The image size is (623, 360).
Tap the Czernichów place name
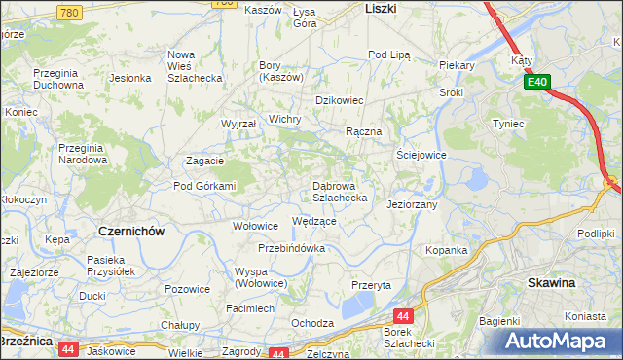[x=130, y=231]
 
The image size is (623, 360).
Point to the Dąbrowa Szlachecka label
[x=339, y=191]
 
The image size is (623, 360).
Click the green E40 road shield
[x=540, y=83]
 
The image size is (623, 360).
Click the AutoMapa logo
[x=563, y=342]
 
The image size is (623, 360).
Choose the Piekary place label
[x=456, y=65]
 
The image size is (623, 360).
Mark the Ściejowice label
[x=421, y=155]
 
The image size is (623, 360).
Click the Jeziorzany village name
[x=413, y=205]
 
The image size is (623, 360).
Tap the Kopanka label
[x=446, y=250]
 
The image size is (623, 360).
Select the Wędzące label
[x=314, y=221]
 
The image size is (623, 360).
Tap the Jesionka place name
[x=129, y=78]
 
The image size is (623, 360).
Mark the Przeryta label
[x=371, y=285]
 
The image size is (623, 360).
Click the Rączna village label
[x=364, y=131]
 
